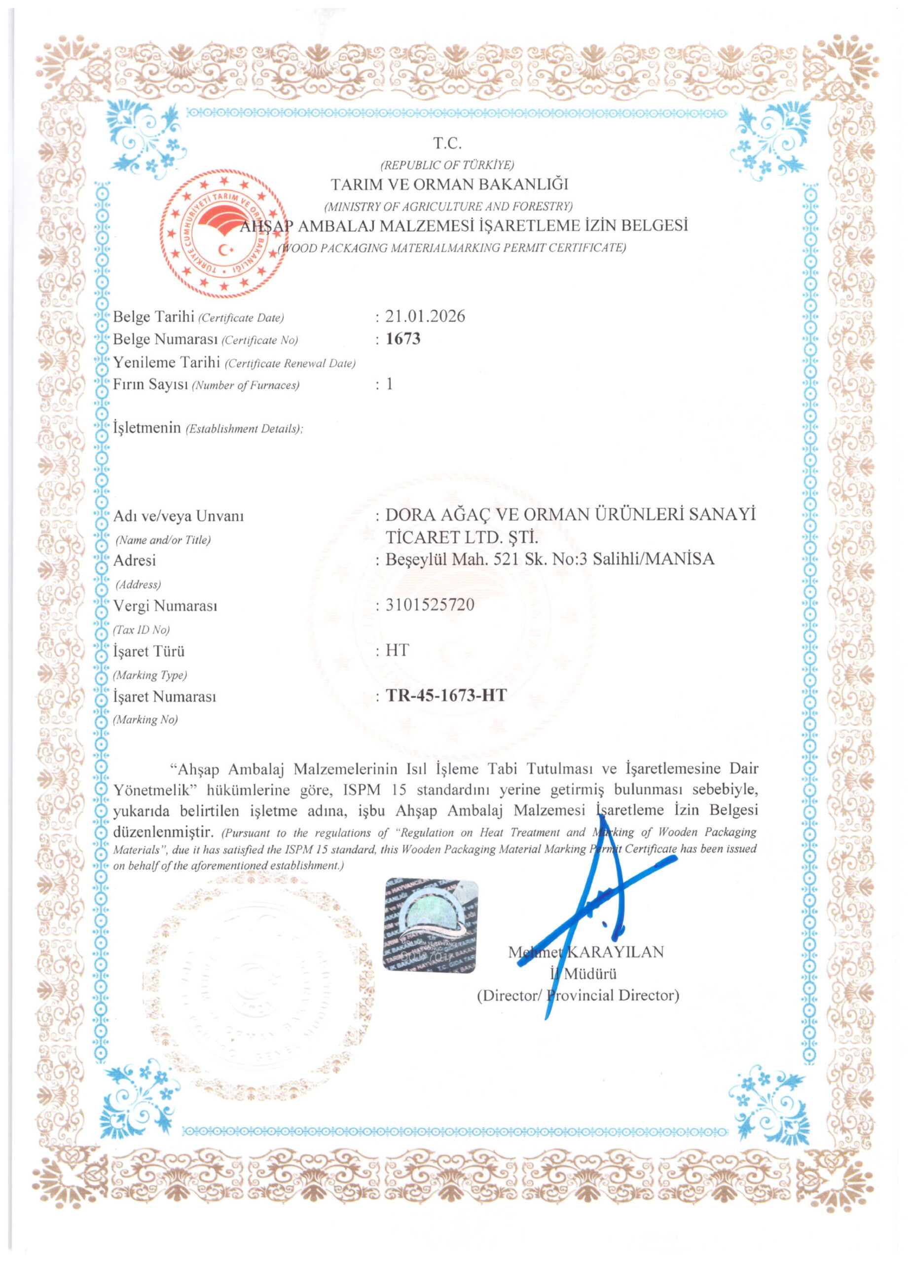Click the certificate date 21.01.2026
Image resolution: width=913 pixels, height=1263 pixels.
click(x=425, y=316)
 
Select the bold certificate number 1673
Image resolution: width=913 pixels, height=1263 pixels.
click(x=402, y=338)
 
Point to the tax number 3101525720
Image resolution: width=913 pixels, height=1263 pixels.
click(x=430, y=605)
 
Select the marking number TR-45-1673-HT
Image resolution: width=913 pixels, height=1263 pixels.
click(x=445, y=696)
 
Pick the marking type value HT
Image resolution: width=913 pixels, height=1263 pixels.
click(x=397, y=650)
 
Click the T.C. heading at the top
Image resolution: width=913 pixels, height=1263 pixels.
click(x=447, y=144)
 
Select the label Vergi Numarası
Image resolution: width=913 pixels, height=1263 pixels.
click(x=165, y=605)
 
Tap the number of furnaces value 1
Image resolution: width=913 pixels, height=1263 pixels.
click(x=390, y=384)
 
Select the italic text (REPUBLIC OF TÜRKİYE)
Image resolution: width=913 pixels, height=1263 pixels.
click(x=447, y=165)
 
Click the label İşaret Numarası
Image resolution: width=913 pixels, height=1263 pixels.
click(x=164, y=697)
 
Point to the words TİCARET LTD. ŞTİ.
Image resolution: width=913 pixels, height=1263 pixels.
click(x=462, y=537)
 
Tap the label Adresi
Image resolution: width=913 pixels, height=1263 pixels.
click(x=134, y=560)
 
